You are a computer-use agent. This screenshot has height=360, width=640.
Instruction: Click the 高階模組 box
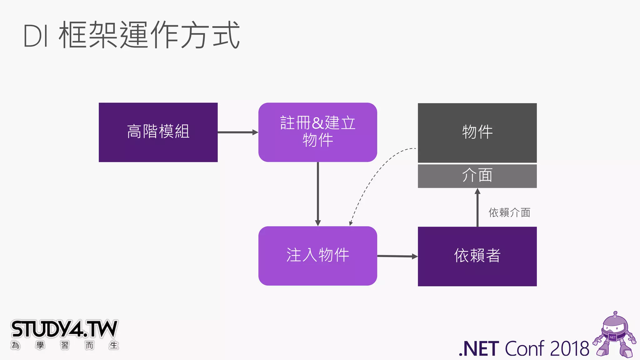point(158,132)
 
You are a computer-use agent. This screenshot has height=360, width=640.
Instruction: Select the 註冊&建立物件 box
point(317,132)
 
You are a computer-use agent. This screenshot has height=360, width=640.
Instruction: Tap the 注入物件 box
point(317,256)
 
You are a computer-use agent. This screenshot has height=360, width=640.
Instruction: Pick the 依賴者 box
point(477,256)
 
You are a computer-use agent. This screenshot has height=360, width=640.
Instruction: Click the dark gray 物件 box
point(477,132)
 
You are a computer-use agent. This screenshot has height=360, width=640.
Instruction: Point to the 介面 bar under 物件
point(477,176)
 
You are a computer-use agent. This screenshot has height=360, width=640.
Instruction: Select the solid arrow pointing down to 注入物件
point(318,194)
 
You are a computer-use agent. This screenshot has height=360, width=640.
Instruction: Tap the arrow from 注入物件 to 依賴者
point(397,256)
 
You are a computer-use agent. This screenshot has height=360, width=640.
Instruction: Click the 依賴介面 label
point(509,213)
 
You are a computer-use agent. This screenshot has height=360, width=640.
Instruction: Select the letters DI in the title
point(36,36)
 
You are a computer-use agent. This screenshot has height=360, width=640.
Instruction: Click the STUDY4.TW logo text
point(64,329)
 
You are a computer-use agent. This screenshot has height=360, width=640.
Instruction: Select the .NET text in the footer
point(479,349)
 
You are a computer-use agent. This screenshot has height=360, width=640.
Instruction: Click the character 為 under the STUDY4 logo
point(15,345)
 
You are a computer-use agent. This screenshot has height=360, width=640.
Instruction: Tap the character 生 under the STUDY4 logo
point(114,345)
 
